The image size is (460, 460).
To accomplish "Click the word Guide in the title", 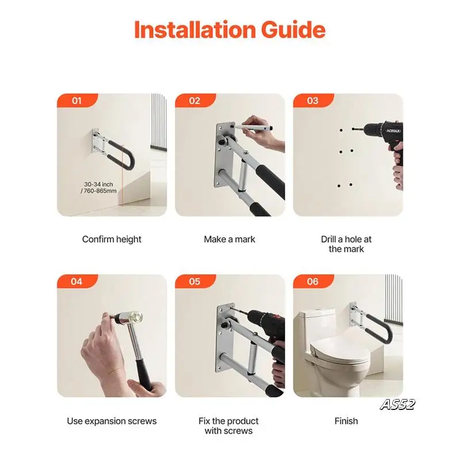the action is tap(293, 30).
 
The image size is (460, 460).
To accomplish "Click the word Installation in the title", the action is tap(195, 30).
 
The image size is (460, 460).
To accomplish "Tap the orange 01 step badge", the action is tap(77, 100).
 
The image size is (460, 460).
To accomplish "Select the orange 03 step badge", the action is tap(313, 100).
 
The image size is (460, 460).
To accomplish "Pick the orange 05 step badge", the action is tap(195, 281).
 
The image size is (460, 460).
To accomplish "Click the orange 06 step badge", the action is tap(313, 281).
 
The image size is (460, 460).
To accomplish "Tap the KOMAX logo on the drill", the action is tap(393, 131).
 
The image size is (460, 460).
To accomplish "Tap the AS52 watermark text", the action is tap(397, 405).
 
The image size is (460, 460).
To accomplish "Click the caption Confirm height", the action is tap(112, 240).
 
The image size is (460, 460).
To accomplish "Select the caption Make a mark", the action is tap(229, 239).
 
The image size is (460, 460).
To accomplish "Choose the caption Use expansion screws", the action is tap(112, 421).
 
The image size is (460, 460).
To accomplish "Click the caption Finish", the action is tap(346, 421).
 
